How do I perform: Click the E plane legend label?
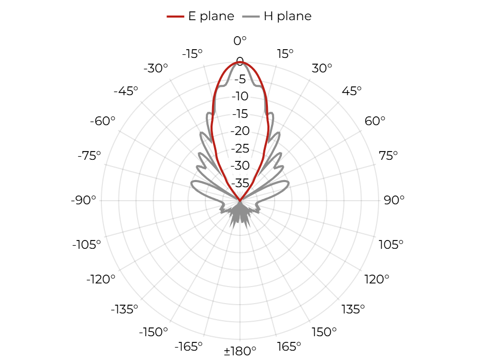(211, 16)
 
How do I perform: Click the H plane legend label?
(288, 16)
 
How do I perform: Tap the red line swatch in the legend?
(175, 16)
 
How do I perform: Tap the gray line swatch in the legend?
(251, 16)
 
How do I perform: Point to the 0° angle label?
(240, 41)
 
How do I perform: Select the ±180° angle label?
(240, 351)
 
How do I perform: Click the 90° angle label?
(394, 200)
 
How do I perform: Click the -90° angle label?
(83, 200)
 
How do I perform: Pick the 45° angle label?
(352, 91)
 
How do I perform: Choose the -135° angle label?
(124, 309)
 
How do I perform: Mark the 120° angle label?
(377, 279)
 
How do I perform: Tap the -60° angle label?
(102, 121)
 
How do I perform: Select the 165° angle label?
(289, 347)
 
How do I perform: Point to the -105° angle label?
(86, 245)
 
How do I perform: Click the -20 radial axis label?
(240, 131)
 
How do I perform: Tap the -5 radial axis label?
(240, 79)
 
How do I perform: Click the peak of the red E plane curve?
(240, 62)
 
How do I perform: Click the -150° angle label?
(154, 332)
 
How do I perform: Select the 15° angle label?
(285, 54)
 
